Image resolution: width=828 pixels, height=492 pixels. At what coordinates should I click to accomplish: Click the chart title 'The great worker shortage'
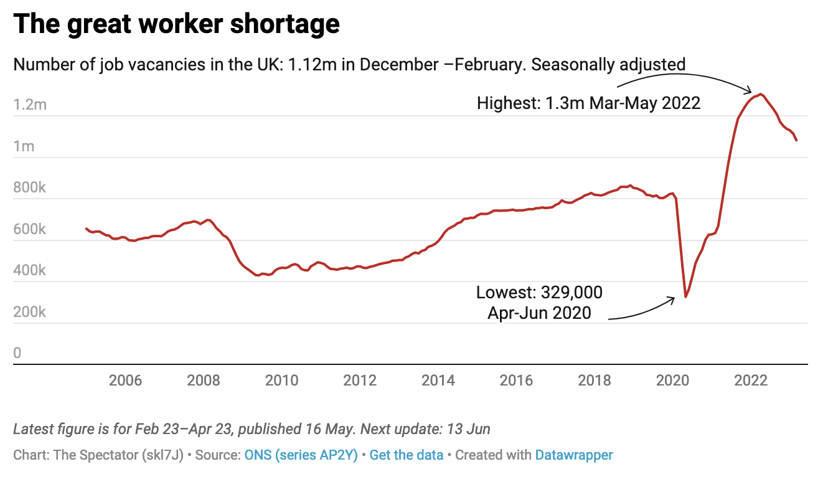tap(176, 24)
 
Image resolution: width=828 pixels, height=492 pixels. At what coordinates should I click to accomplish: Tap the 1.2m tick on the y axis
tap(30, 105)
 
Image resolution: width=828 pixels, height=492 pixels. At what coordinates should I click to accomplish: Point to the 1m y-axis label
tap(24, 146)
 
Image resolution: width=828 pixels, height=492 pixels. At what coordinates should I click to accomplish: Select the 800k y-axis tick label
tap(29, 187)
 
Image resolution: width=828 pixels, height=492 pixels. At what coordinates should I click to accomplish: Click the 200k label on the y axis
tap(29, 312)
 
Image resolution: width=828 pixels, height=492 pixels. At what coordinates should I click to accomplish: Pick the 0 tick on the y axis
tap(17, 353)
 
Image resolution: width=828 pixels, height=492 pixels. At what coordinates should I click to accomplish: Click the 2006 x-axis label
tap(125, 381)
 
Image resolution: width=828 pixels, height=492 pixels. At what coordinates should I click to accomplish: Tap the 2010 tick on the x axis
tap(282, 381)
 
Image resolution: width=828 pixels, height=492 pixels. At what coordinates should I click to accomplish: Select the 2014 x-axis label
tap(438, 381)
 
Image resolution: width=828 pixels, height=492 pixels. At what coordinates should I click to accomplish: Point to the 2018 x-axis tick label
tap(595, 381)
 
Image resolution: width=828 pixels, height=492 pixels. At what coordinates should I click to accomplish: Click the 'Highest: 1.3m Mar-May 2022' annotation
tap(588, 103)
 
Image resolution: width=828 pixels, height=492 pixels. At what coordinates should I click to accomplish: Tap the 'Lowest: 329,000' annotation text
tap(539, 292)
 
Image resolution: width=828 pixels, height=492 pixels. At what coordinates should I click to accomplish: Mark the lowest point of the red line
tap(685, 296)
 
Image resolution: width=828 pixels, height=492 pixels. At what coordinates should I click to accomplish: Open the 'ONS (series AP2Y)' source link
tap(301, 455)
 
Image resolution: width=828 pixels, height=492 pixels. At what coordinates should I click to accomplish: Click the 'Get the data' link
tap(406, 455)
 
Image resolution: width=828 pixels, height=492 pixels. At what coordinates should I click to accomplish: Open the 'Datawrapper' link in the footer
tap(573, 455)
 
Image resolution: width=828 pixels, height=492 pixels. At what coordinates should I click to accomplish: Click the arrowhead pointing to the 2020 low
tap(673, 299)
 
